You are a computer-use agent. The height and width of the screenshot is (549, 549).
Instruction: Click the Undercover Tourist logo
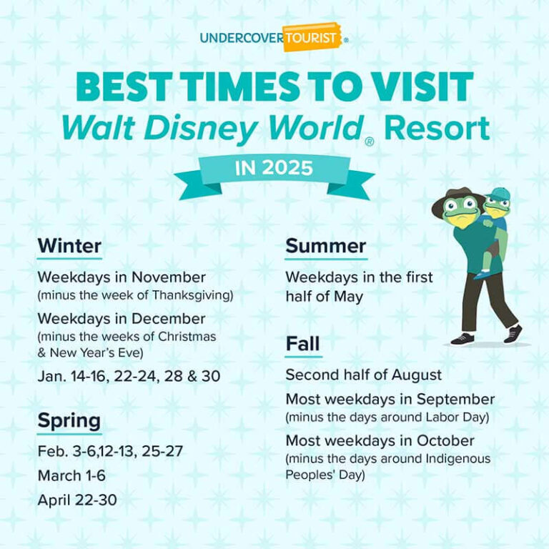click(273, 38)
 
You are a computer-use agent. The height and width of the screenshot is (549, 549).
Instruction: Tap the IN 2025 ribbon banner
click(274, 169)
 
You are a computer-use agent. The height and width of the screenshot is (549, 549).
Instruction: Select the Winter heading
click(69, 246)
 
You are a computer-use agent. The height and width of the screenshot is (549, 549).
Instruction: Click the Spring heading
click(69, 420)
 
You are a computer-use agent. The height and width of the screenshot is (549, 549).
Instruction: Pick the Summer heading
click(325, 246)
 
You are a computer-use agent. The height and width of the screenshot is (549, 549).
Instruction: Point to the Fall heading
click(302, 344)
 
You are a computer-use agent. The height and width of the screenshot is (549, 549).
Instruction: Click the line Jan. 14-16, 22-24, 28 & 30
click(129, 376)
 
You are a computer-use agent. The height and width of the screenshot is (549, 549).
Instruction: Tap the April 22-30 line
click(76, 500)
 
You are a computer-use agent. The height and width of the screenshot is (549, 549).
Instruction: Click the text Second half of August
click(363, 375)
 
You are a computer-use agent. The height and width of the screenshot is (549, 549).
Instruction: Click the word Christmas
click(190, 335)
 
